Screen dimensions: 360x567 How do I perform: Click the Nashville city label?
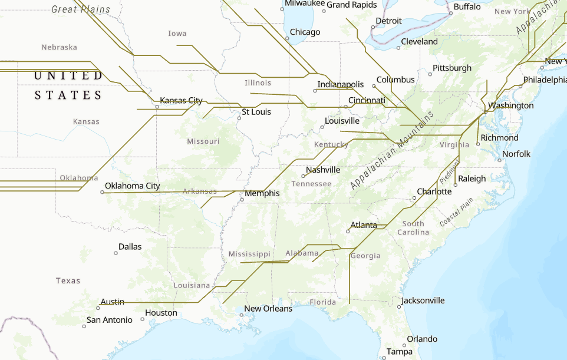click(x=322, y=170)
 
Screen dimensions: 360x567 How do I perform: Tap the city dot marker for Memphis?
click(x=242, y=200)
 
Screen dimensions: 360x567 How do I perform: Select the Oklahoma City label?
click(x=132, y=186)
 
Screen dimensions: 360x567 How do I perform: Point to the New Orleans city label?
click(x=268, y=309)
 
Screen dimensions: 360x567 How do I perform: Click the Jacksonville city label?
click(x=423, y=300)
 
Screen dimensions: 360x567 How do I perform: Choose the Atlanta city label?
click(x=364, y=225)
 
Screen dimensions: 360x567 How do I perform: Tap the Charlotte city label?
click(x=434, y=191)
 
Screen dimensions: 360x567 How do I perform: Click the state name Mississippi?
click(x=249, y=254)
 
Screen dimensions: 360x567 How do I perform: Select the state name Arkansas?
click(x=199, y=191)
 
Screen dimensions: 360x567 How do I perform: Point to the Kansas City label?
click(x=181, y=100)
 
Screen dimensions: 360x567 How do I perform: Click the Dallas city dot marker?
click(x=116, y=253)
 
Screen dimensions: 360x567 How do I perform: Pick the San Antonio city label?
click(x=109, y=320)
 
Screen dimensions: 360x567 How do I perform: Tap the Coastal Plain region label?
click(x=456, y=213)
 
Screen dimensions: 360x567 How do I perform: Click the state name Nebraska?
click(x=59, y=47)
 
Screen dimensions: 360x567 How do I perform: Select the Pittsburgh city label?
click(x=452, y=68)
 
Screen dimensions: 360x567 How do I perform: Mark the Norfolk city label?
click(x=516, y=154)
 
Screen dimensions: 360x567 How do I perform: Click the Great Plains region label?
click(x=72, y=9)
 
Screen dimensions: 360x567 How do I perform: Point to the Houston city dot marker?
click(x=143, y=319)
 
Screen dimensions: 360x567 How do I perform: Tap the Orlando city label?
click(x=422, y=339)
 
